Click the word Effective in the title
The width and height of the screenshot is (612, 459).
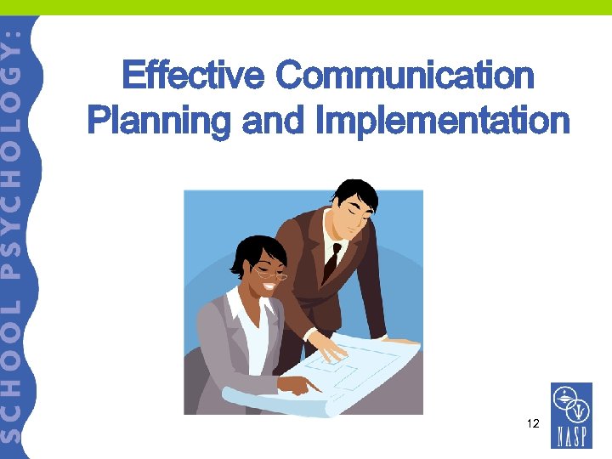click(x=194, y=76)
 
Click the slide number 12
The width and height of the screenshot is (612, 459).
click(x=532, y=422)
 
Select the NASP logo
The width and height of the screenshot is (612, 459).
click(x=571, y=414)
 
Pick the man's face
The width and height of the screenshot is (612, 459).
click(x=348, y=218)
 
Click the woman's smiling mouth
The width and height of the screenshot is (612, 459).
click(x=269, y=286)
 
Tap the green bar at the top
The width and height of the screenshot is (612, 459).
click(x=306, y=7)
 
